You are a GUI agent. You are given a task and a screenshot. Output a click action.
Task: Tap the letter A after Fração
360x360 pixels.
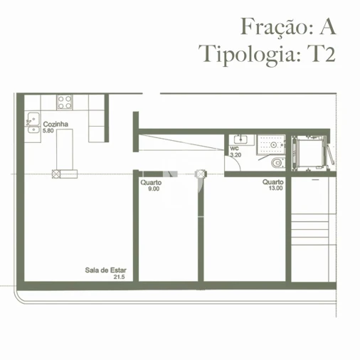(327, 27)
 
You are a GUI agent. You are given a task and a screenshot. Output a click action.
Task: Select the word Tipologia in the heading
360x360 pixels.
(248, 55)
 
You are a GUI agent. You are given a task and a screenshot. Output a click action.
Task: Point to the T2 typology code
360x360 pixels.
(321, 54)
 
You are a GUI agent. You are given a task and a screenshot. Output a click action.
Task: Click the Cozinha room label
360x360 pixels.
(55, 125)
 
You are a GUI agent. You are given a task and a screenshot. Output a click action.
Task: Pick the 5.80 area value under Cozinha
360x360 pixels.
(49, 132)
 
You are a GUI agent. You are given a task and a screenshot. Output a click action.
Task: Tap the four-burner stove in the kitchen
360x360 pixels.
(65, 102)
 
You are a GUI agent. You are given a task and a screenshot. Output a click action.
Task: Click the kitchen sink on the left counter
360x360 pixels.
(33, 123)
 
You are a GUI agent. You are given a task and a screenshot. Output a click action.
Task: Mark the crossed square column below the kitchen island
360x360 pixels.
(55, 172)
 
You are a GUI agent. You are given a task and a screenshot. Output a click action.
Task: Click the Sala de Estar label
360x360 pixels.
(100, 270)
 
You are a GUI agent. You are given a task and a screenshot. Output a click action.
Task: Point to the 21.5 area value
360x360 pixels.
(119, 277)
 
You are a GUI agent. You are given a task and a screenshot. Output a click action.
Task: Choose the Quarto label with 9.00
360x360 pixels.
(151, 183)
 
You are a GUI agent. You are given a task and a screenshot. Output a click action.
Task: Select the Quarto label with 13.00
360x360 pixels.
(272, 183)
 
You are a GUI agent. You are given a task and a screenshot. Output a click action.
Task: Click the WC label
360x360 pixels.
(234, 148)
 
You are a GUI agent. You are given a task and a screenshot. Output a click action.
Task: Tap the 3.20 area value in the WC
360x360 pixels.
(235, 154)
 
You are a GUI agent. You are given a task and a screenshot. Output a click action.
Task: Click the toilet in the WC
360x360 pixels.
(277, 162)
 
